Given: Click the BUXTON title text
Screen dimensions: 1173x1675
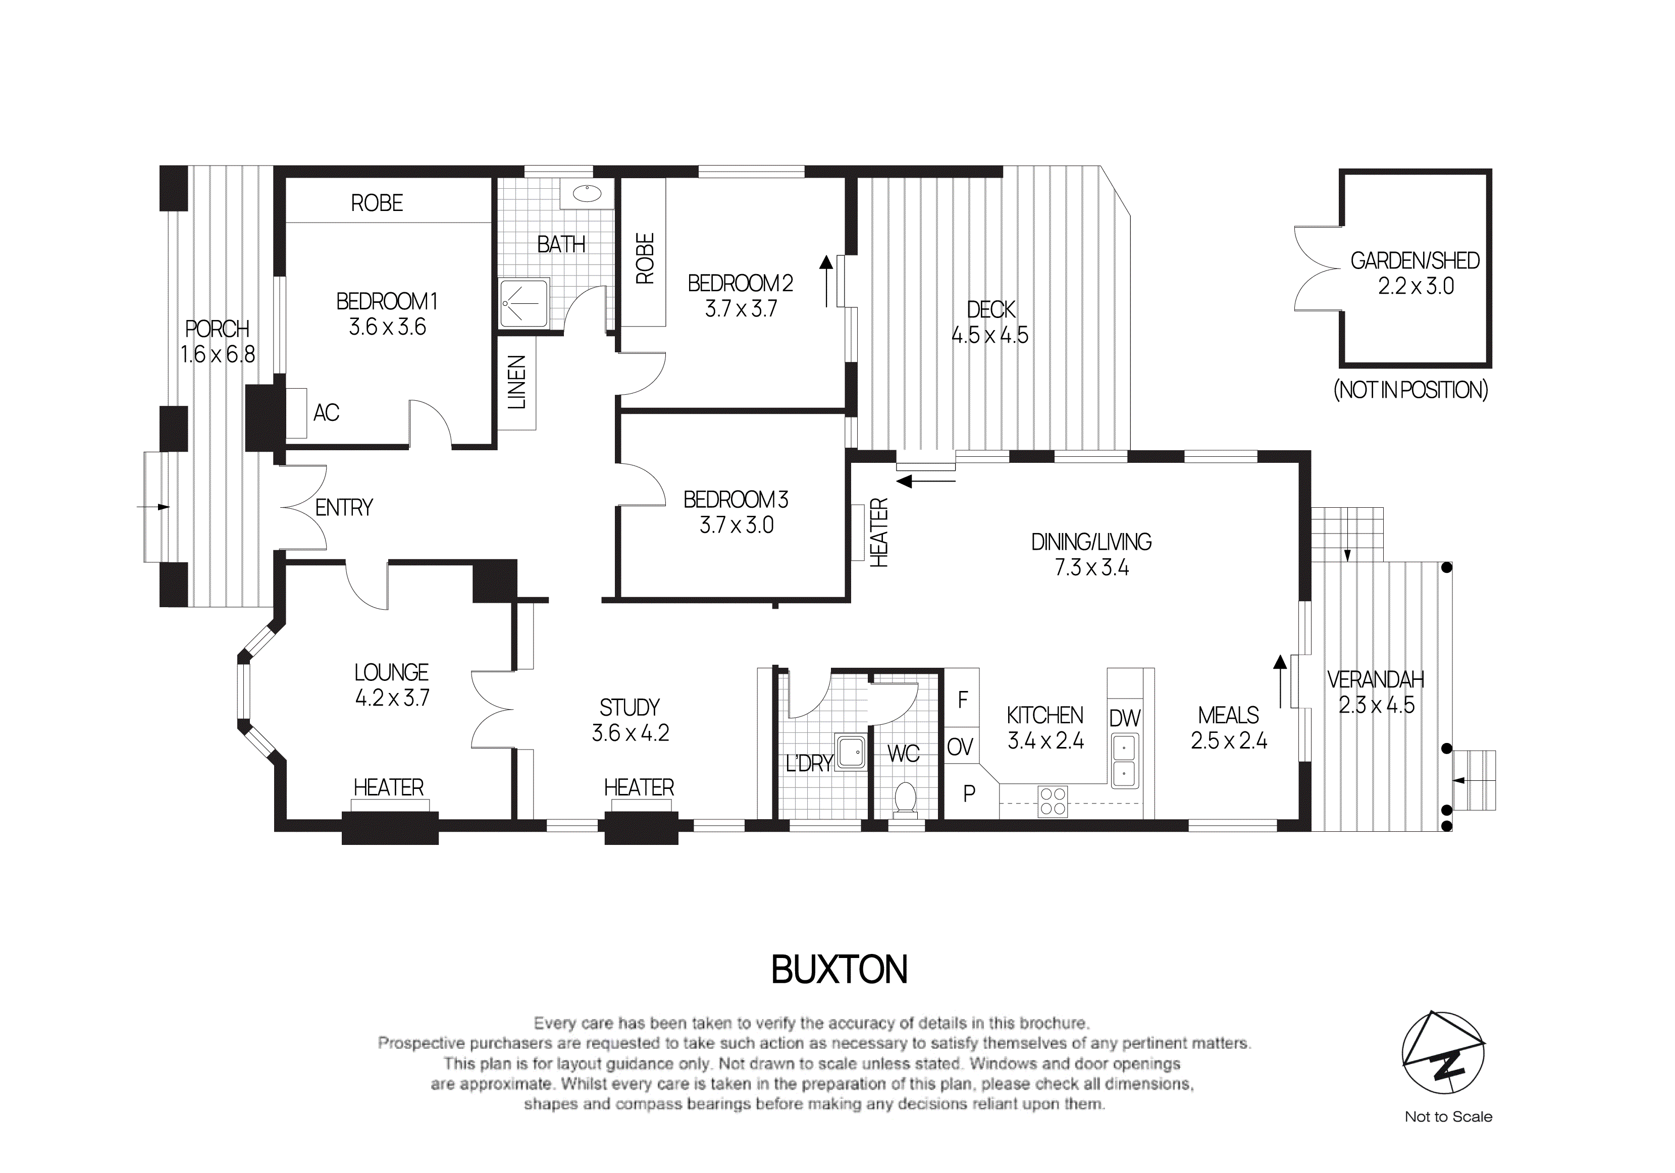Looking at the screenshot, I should (839, 970).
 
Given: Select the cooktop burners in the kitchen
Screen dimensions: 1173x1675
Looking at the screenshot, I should (1053, 801).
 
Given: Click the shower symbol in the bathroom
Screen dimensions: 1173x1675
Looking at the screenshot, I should (523, 302).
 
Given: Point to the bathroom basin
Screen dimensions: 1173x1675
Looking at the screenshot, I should (587, 193).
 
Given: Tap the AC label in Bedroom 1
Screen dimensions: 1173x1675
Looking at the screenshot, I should (326, 413).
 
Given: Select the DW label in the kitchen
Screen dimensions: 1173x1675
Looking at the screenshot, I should (1124, 719).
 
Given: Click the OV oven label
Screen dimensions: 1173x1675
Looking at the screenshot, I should (960, 747).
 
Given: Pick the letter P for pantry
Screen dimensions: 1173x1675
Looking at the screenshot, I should (969, 793).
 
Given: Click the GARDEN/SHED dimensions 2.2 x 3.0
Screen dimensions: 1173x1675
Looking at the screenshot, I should (1416, 287).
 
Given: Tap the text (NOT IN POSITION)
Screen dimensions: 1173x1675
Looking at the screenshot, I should (1410, 390).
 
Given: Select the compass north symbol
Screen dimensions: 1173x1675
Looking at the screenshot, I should (1443, 1052).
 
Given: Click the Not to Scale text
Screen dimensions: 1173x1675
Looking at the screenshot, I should (1448, 1117).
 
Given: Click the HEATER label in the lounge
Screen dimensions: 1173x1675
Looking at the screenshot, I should (388, 788).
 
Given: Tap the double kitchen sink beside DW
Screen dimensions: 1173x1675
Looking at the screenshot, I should (1124, 760).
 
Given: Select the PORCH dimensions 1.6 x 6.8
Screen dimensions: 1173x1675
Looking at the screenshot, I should (218, 354).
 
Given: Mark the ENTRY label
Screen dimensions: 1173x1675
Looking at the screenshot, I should (344, 508).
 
